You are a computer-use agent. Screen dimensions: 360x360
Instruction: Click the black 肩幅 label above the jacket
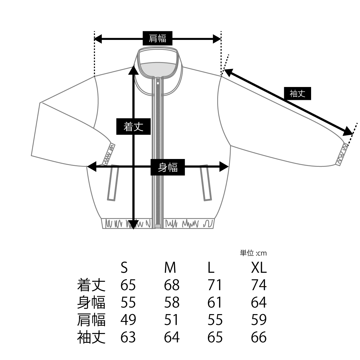point(157,38)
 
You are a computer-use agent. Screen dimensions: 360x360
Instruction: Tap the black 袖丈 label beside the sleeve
point(297,93)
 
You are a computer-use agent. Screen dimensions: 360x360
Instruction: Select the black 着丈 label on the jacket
point(133,127)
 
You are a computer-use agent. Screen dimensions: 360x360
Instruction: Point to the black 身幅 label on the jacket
point(168,167)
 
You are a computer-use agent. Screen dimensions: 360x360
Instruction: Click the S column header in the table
point(124,268)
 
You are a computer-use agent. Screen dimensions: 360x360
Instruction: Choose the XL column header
point(259,268)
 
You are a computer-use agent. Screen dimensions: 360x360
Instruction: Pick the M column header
point(170,268)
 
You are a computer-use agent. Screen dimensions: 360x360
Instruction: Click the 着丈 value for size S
point(128,285)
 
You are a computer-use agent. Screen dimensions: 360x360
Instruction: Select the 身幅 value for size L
point(214,302)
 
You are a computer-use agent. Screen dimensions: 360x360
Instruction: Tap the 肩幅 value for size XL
point(259,319)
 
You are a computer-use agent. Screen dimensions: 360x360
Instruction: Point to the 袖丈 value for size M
point(172,337)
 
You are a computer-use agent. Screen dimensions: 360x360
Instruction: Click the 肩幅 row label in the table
point(91,319)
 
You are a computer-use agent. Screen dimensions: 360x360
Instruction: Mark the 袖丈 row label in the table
point(91,337)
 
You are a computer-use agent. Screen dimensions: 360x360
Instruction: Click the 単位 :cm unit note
point(253,253)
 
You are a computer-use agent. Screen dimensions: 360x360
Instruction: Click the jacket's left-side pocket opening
point(113,183)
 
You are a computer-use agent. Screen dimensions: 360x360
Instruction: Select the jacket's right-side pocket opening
point(206,183)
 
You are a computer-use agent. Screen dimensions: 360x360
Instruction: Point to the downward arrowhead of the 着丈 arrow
point(133,225)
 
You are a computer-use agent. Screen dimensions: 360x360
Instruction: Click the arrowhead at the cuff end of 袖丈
point(348,132)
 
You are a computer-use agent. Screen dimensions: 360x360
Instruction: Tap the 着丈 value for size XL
point(259,285)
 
